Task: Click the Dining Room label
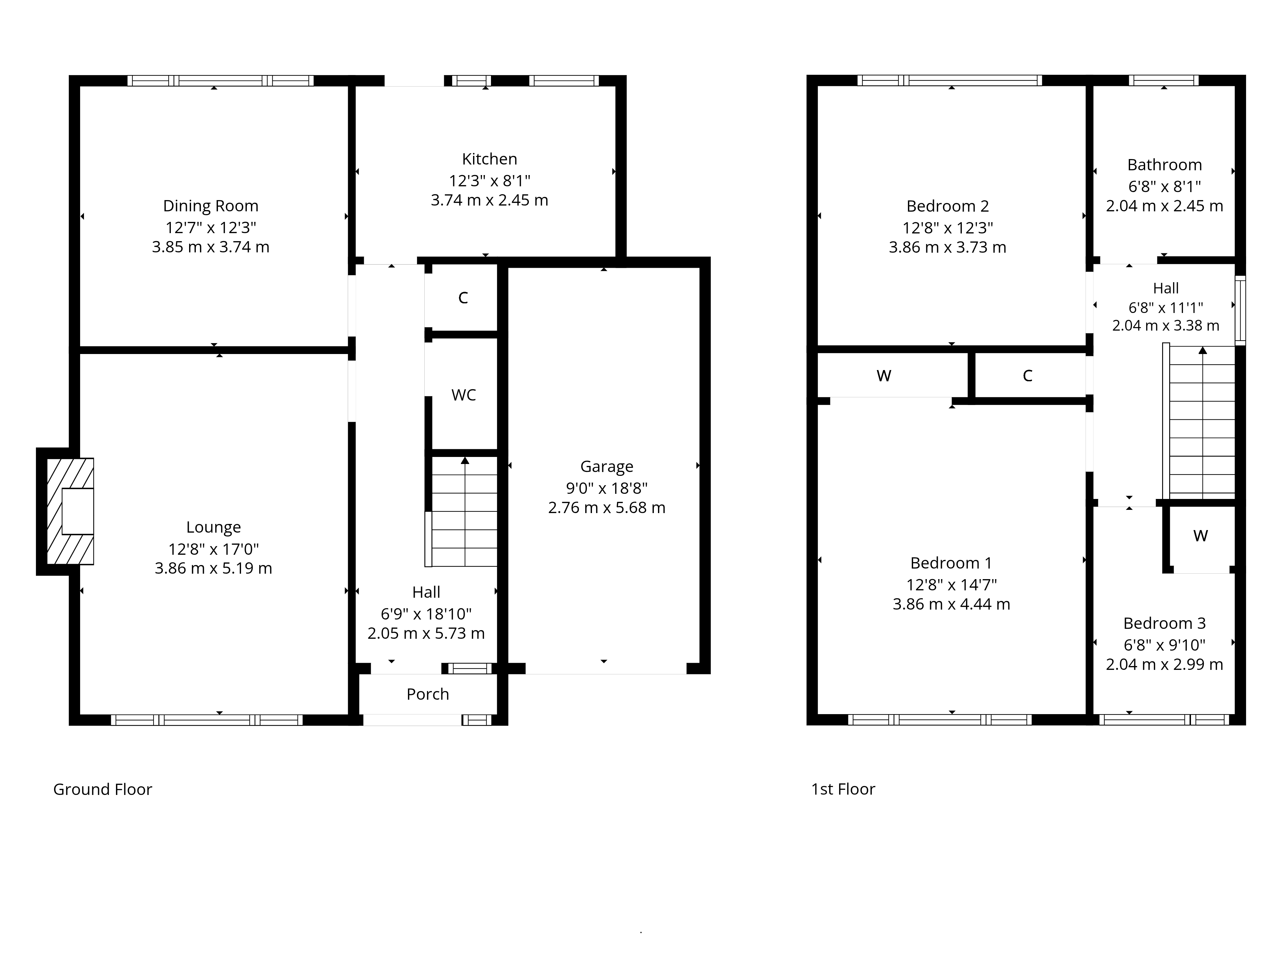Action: click(210, 206)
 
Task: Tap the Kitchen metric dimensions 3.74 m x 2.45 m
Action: click(489, 200)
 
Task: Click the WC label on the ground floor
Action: click(464, 395)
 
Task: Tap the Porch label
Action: click(428, 694)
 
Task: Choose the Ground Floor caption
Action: click(103, 789)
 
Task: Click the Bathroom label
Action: click(1164, 165)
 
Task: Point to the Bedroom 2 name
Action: click(948, 206)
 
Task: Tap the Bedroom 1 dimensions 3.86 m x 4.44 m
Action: click(951, 604)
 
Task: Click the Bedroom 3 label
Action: click(1164, 623)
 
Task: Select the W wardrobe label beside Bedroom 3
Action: click(1200, 536)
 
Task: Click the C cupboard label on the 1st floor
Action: click(1028, 376)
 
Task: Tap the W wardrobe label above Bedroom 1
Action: click(884, 376)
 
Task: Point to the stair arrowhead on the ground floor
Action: click(465, 460)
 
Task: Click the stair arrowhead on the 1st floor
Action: click(1203, 350)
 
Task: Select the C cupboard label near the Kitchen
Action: click(463, 298)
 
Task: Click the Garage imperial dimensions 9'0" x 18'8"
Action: click(607, 488)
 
